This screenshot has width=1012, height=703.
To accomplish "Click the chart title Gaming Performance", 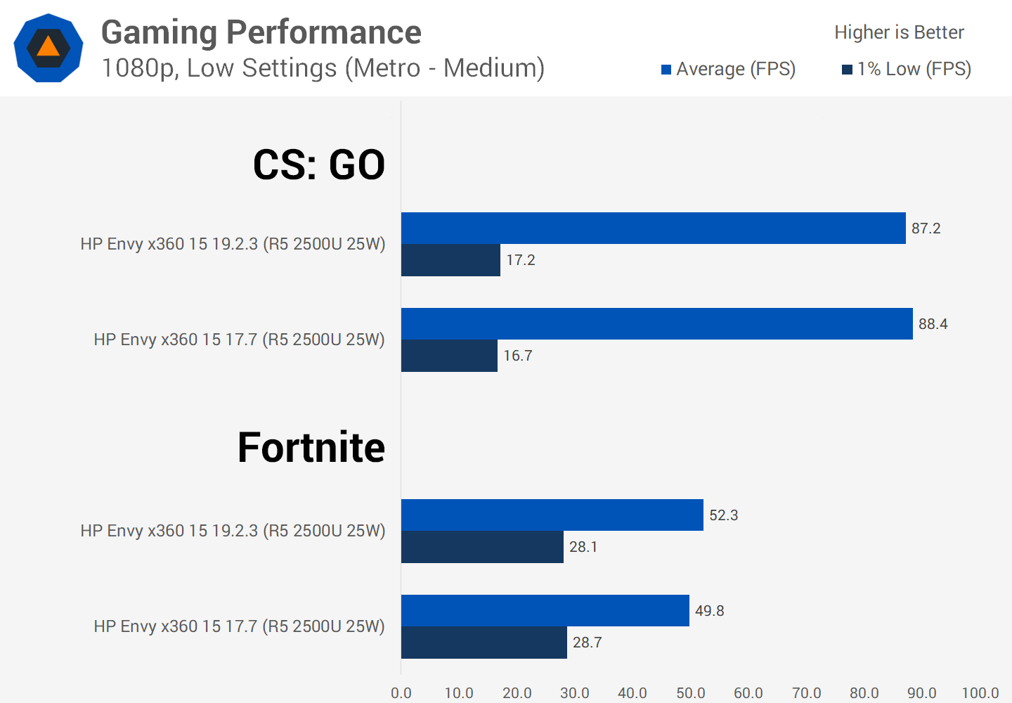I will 261,32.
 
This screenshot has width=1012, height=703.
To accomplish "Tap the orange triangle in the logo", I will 48,47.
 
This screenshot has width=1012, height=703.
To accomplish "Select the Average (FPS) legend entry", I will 729,69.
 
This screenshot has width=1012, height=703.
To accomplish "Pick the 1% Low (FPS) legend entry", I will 907,69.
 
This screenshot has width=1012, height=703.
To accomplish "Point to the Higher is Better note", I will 899,32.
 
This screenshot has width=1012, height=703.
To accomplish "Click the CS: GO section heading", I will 318,165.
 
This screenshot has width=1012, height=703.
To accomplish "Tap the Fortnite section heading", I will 311,448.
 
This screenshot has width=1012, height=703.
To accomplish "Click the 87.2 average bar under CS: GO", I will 653,228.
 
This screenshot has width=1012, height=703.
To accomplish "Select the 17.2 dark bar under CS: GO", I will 450,260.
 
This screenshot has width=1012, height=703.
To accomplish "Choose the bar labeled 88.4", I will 656,324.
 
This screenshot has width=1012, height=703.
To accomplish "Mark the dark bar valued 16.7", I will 449,356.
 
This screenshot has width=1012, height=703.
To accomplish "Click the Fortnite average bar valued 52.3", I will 552,515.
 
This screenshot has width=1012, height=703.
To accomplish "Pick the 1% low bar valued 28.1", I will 482,547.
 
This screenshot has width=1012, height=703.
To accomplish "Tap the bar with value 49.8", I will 545,611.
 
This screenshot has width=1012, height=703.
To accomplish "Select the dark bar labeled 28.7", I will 484,643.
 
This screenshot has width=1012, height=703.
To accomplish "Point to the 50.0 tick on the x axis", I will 690,693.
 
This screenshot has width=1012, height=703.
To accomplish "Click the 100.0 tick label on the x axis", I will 980,693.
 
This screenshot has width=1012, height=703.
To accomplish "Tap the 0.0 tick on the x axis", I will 401,693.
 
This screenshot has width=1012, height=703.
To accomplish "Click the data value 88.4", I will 933,324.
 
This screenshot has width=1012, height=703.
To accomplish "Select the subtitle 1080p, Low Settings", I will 323,68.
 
